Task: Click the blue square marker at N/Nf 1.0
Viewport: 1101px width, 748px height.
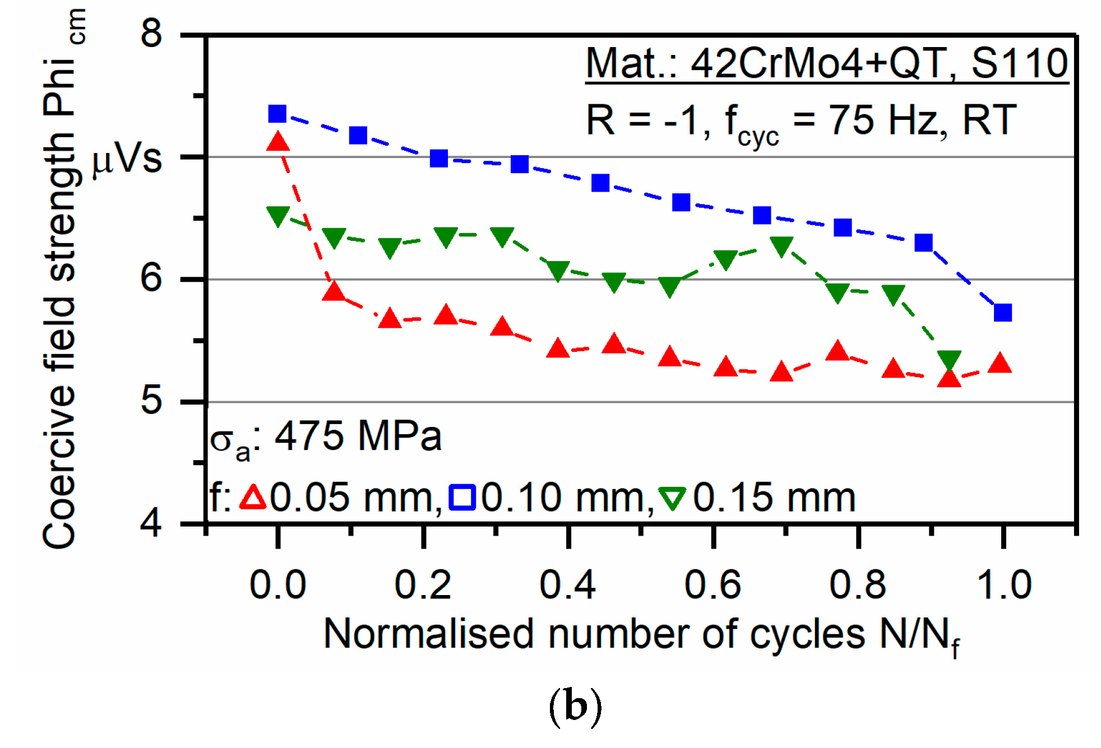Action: coord(1002,312)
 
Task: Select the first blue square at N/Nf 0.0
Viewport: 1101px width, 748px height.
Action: coord(277,114)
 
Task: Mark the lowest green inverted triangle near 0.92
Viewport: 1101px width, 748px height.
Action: coord(949,361)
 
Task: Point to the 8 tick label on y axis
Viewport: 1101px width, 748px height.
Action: coord(151,34)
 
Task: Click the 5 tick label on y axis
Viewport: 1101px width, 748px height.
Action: coord(151,401)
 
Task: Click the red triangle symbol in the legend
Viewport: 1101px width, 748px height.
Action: coord(253,497)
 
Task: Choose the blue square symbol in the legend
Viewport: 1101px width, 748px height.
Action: coord(462,498)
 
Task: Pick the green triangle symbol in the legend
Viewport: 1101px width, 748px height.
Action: coord(672,498)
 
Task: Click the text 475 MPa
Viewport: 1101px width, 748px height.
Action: coord(358,436)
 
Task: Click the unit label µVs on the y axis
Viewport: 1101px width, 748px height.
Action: coord(127,160)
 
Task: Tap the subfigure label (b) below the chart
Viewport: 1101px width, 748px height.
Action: coord(575,708)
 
